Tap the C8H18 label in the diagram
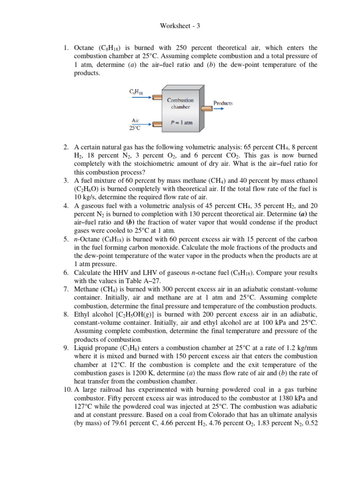[x=136, y=91]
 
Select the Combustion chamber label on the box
[x=180, y=103]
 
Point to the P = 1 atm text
[x=181, y=123]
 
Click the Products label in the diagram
[x=223, y=103]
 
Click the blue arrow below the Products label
[x=219, y=109]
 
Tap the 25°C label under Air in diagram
[x=135, y=127]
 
